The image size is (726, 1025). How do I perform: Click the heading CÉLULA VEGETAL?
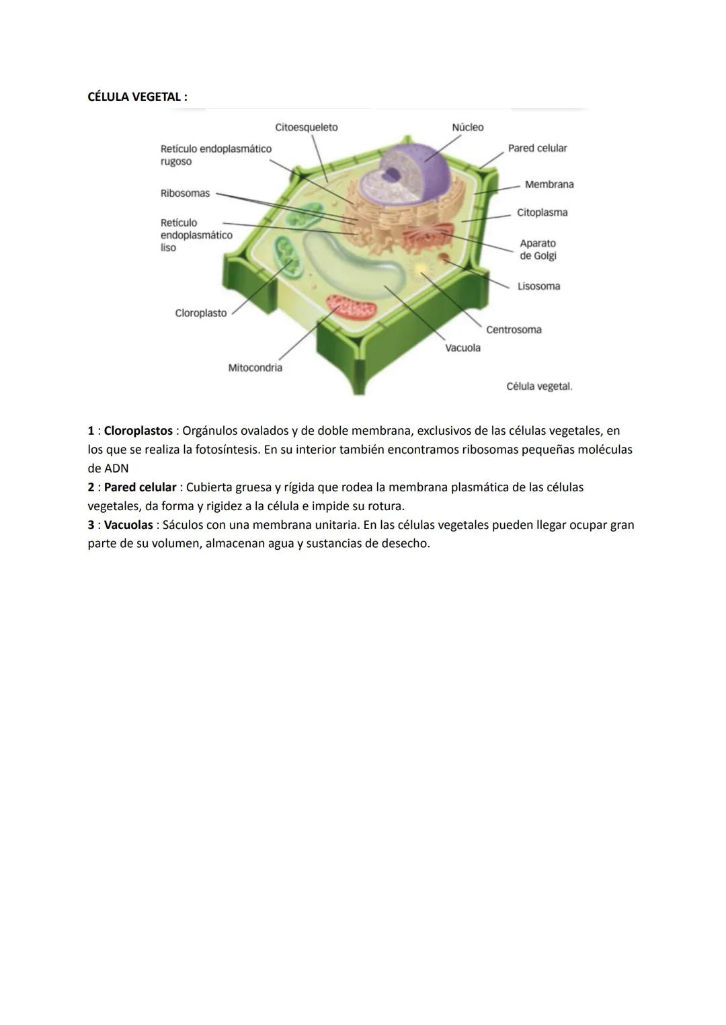tap(137, 97)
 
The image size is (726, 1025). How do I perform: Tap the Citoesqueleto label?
tap(306, 128)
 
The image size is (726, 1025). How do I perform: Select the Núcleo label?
tap(467, 128)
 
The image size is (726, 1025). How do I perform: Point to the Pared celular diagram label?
tap(537, 148)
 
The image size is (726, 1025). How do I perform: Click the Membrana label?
tap(549, 184)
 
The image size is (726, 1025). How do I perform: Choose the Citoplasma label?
tap(542, 212)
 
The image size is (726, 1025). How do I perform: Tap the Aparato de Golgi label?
tap(538, 249)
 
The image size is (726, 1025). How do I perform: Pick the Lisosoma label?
tap(538, 286)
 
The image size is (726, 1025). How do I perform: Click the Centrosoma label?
tap(514, 330)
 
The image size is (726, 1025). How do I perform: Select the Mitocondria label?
tap(255, 368)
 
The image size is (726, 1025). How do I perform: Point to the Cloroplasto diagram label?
tap(200, 313)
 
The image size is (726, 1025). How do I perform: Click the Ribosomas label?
tap(185, 194)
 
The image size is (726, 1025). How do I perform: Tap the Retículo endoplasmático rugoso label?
tap(215, 155)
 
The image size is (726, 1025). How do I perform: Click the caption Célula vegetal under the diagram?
tap(539, 386)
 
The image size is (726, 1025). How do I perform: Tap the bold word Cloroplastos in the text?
tap(138, 431)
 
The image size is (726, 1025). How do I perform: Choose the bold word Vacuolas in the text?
tap(128, 525)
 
